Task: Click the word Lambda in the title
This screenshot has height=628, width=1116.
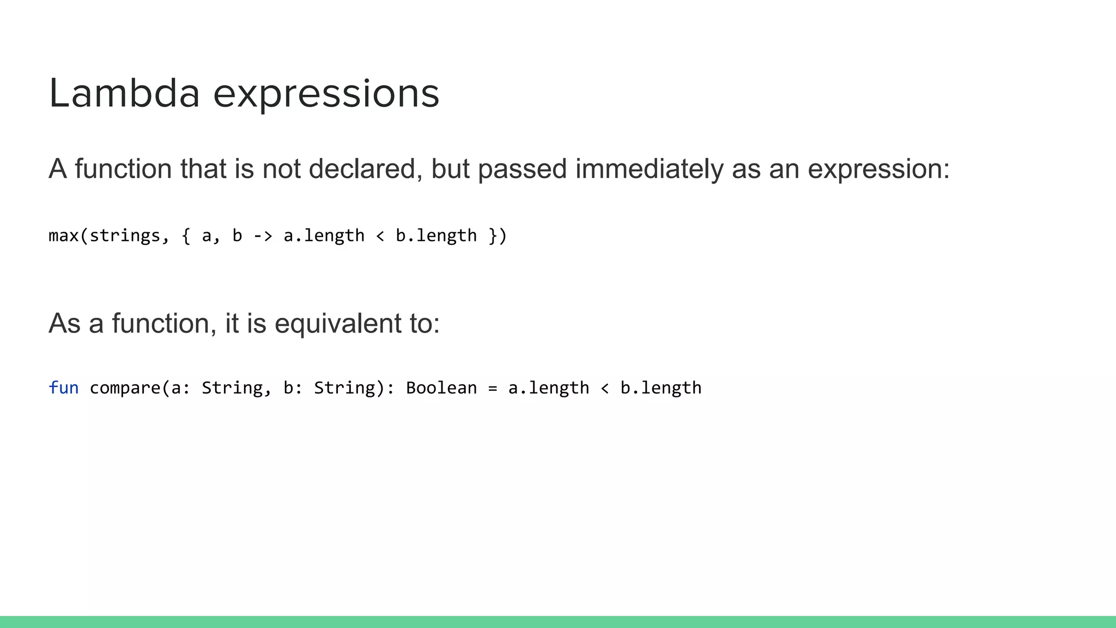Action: point(124,94)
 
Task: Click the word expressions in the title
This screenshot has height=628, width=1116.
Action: point(326,94)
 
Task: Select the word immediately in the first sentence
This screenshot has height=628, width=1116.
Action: point(649,169)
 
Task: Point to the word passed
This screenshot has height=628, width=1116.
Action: point(522,169)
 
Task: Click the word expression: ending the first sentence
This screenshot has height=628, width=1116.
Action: point(878,169)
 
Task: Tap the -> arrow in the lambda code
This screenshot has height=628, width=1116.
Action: point(263,235)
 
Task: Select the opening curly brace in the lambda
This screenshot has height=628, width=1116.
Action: point(186,235)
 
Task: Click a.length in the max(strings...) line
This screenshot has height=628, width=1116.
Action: point(324,235)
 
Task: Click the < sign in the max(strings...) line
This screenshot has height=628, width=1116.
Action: point(380,235)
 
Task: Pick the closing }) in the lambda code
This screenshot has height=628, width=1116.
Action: point(498,235)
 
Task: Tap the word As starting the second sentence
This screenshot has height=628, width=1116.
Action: point(64,323)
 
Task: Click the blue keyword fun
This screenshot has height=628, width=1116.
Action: point(63,388)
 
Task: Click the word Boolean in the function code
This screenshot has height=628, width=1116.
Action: point(441,388)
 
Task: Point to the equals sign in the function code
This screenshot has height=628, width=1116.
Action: point(493,388)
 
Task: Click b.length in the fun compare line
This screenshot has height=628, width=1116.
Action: point(660,388)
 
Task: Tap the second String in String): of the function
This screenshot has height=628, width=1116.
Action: point(344,388)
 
